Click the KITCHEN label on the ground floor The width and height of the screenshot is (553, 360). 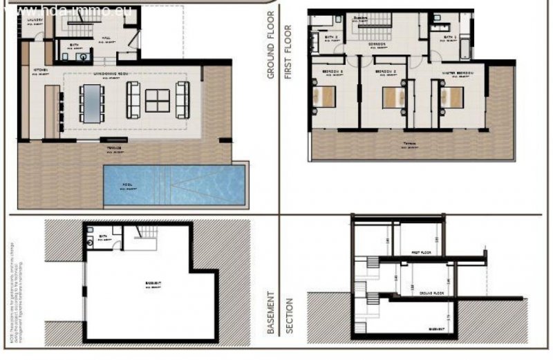click(38, 70)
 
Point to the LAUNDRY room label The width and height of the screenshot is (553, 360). click(36, 20)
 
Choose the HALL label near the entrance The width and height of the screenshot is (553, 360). click(106, 39)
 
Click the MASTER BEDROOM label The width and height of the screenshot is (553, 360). click(458, 72)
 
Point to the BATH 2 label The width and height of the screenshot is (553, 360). click(330, 38)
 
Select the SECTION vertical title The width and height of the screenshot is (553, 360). click(289, 314)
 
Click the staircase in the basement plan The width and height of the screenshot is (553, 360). click(144, 236)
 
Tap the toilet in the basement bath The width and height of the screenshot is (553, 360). click(91, 243)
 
